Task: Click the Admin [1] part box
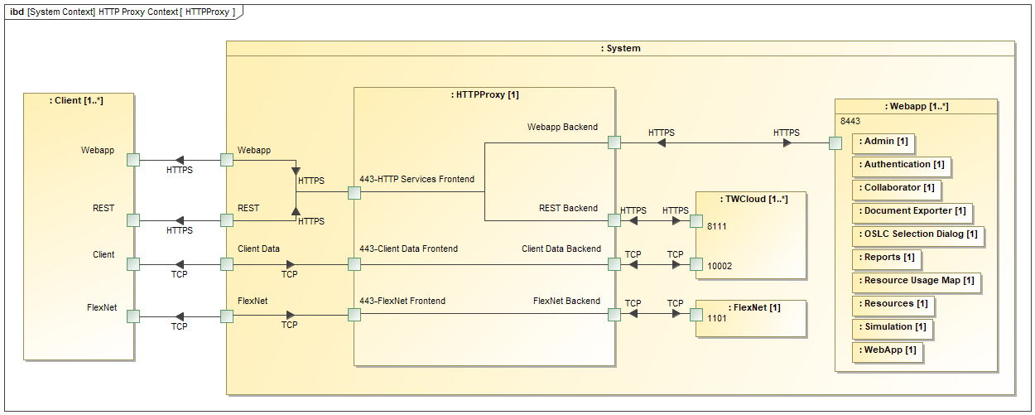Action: (883, 142)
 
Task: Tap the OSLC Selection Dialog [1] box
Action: (917, 234)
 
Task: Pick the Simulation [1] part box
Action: (893, 327)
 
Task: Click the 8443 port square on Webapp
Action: (835, 143)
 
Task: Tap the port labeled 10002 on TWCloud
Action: (696, 264)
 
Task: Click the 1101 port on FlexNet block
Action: (696, 315)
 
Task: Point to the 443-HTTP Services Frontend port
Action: (354, 193)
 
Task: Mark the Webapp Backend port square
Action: (614, 142)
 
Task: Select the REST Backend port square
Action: (614, 220)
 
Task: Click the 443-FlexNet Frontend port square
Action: (354, 315)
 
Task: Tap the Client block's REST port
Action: (132, 220)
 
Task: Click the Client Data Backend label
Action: (561, 249)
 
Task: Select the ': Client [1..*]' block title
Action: (79, 100)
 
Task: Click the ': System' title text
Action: (620, 48)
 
